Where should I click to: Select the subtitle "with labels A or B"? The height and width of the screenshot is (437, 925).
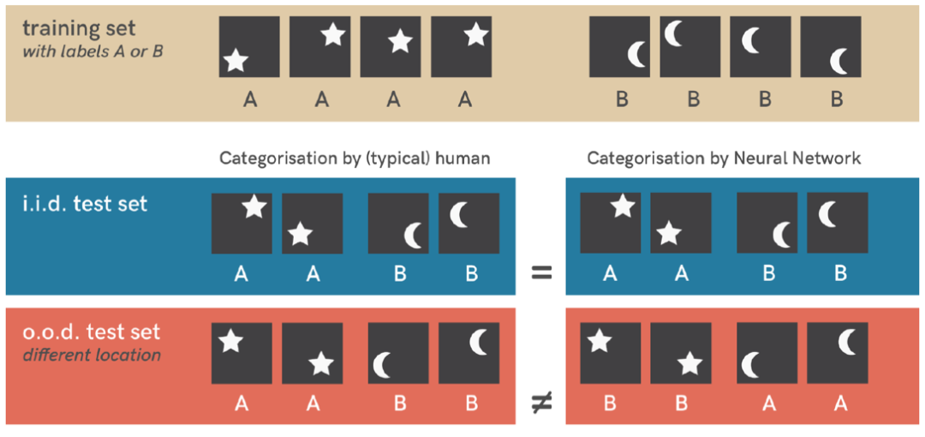[93, 51]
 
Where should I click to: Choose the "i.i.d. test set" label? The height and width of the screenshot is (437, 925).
[86, 204]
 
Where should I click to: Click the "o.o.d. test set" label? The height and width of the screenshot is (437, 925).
[92, 332]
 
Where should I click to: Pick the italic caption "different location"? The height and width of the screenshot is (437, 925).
[92, 354]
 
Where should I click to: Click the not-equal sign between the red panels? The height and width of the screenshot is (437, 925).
[540, 404]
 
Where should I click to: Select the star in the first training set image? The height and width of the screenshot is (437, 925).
[236, 60]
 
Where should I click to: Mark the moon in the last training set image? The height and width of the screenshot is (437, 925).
[842, 61]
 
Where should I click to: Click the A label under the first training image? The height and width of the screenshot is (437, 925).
[250, 100]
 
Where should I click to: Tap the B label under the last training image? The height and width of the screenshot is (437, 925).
[837, 100]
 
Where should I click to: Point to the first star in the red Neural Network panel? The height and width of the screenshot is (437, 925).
[599, 342]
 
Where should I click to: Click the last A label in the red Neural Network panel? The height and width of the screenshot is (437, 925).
[840, 403]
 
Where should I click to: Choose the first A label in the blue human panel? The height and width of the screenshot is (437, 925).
[242, 274]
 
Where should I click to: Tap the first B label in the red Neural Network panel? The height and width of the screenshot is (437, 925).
[610, 403]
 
